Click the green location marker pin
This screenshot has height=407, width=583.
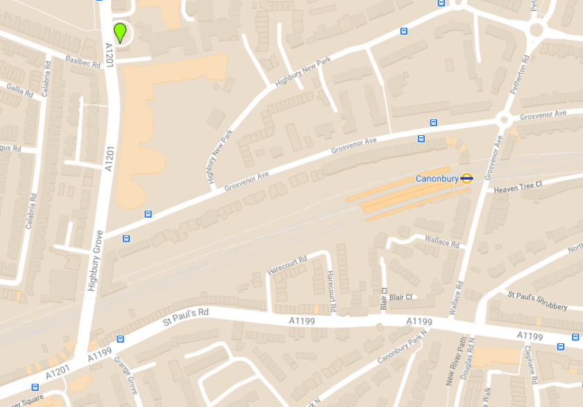(x=120, y=33)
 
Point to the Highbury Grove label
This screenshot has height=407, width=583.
(x=95, y=260)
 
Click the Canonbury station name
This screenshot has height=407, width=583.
(x=437, y=179)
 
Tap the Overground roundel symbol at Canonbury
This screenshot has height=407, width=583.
(x=466, y=178)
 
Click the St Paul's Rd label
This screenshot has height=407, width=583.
(x=185, y=318)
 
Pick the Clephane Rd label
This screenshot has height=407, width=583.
(x=532, y=365)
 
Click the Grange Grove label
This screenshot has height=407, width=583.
(x=127, y=375)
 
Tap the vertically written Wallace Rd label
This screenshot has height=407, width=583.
(x=458, y=299)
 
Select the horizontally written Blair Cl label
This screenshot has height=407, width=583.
(x=400, y=297)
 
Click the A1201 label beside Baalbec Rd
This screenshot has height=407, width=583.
(x=108, y=55)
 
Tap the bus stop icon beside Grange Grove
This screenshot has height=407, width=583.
(x=121, y=340)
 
